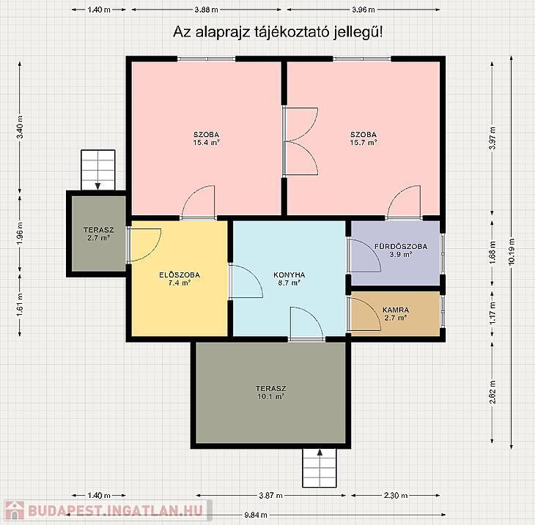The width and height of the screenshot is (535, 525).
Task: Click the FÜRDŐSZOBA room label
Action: (x=401, y=246)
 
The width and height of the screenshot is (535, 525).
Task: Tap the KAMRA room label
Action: (x=396, y=310)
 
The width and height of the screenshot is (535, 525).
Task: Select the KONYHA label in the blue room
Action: (x=289, y=275)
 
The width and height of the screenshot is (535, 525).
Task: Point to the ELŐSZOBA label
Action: (x=180, y=275)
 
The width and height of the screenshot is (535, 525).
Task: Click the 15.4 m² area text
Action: (x=206, y=143)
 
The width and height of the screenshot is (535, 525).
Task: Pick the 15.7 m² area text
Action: (x=364, y=143)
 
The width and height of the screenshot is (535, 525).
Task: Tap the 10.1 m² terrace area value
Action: (x=270, y=396)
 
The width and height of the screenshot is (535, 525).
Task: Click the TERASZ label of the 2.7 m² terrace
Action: (x=99, y=230)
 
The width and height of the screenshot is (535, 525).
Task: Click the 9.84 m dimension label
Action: (x=256, y=515)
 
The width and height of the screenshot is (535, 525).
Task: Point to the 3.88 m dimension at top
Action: (x=207, y=10)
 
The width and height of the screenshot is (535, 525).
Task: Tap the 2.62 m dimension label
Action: (x=492, y=392)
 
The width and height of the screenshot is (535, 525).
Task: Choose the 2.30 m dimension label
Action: (x=396, y=495)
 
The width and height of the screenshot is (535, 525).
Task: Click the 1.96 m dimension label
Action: (x=20, y=233)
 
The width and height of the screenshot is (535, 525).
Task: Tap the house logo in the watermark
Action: (x=15, y=510)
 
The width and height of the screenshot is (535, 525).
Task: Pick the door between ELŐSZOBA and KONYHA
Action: (x=246, y=282)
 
